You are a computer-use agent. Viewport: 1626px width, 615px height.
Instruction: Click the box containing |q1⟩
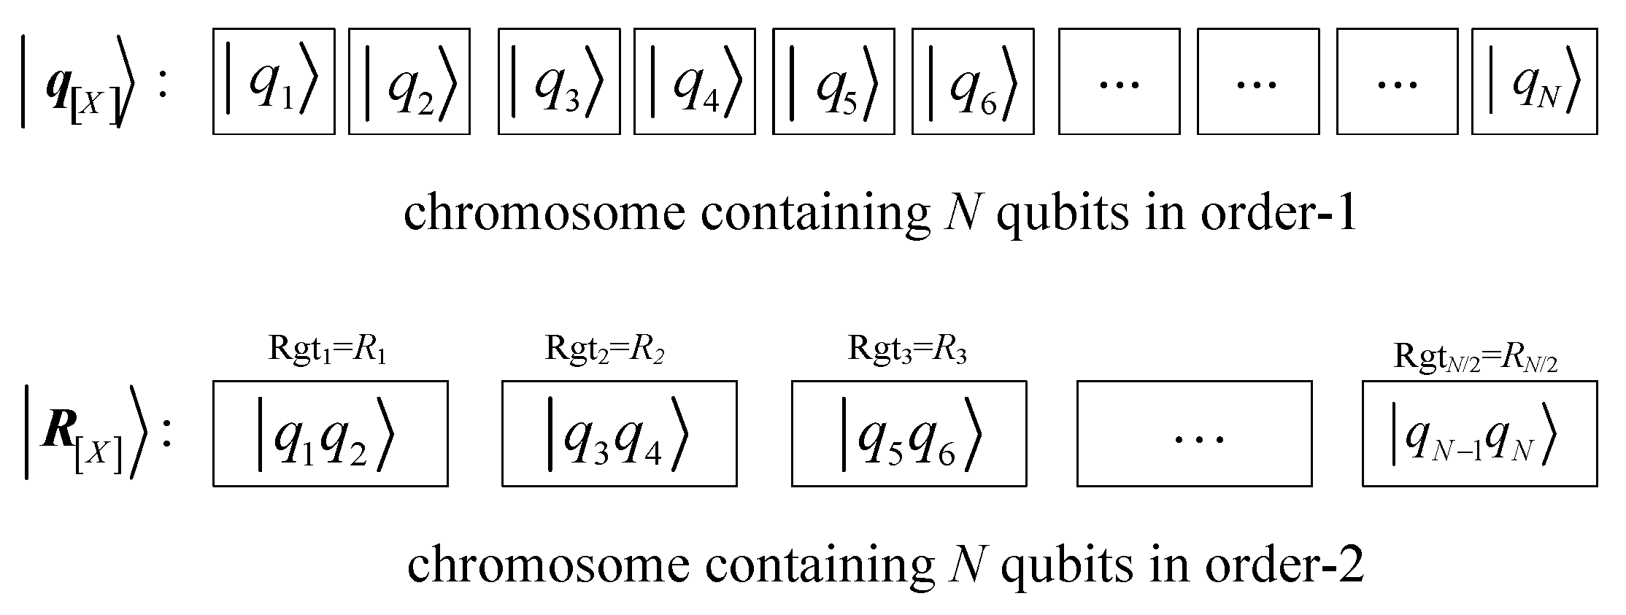coord(274,82)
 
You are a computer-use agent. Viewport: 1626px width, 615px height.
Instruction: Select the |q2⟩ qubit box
coord(409,82)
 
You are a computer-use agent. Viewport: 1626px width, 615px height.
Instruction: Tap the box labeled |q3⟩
coord(559,82)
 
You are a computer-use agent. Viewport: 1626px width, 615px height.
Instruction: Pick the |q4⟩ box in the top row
coord(695,82)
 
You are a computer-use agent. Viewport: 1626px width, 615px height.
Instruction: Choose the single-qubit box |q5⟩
coord(833,82)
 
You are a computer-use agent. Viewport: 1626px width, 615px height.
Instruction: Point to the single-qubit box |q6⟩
coord(973,82)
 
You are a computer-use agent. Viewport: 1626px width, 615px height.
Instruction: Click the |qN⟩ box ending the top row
coord(1534,82)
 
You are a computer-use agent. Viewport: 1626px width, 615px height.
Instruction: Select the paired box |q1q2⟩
coord(330,433)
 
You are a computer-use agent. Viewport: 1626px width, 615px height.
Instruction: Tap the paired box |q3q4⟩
coord(619,433)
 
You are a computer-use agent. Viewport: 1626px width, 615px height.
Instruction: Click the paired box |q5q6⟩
coord(909,433)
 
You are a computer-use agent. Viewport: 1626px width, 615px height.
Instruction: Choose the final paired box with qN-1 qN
coord(1479,433)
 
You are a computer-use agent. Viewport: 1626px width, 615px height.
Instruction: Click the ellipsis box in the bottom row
coord(1194,433)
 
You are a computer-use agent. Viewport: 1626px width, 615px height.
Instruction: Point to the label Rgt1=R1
coord(328,350)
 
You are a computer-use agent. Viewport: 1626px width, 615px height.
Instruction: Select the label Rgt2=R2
coord(604,350)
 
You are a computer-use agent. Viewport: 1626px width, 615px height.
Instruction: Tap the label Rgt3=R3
coord(907,350)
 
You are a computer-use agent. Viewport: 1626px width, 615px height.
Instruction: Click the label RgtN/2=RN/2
coord(1476,357)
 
